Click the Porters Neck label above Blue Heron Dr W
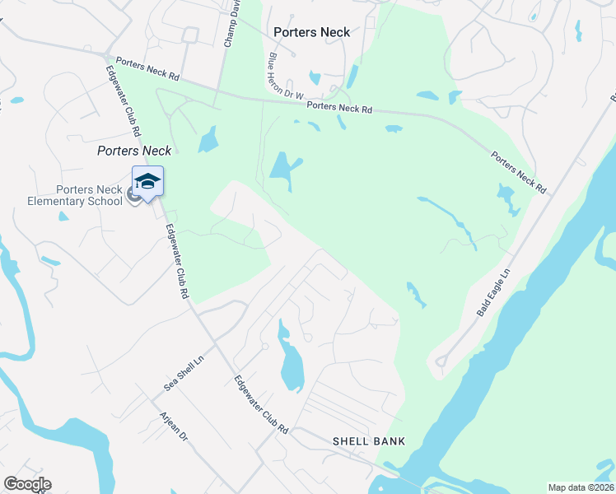(x=312, y=33)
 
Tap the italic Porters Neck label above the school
(x=134, y=151)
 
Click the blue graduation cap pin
(x=147, y=181)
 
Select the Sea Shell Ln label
(x=184, y=373)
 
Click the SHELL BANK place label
(x=368, y=441)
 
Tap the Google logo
(x=27, y=484)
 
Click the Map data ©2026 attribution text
(x=581, y=487)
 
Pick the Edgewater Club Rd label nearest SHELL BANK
(x=260, y=405)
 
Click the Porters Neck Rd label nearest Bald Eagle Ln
(x=519, y=171)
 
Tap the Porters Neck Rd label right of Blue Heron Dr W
(x=339, y=108)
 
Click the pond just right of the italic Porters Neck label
(x=208, y=139)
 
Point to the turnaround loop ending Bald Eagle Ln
(x=441, y=361)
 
